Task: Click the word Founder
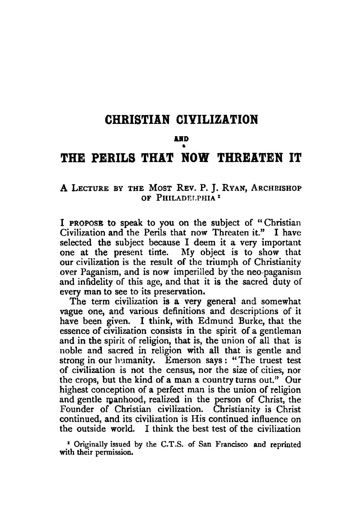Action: [77, 409]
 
